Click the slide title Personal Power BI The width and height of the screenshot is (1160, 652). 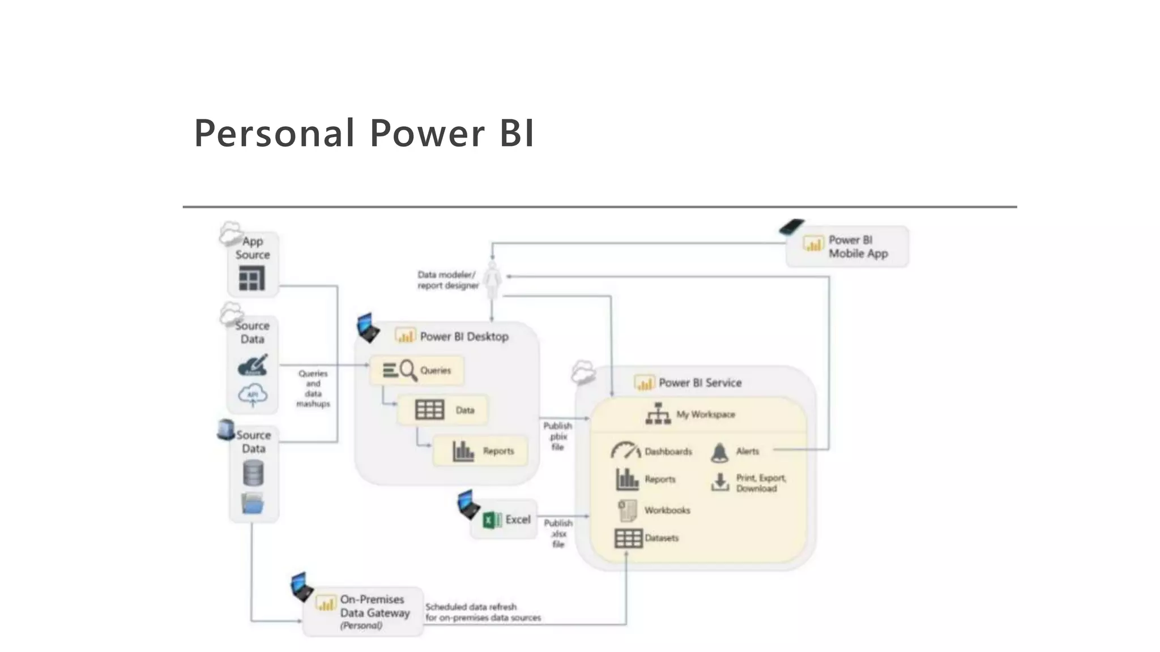coord(364,134)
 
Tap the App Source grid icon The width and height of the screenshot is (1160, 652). coord(251,278)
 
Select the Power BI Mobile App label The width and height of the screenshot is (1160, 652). coord(858,247)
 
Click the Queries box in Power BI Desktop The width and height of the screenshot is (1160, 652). coord(417,370)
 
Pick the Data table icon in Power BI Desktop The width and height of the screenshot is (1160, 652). coord(429,410)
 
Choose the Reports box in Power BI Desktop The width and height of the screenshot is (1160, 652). coord(480,451)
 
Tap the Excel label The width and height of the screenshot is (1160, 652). coord(518,520)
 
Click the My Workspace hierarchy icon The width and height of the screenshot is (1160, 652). coord(658,414)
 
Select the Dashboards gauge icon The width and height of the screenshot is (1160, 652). coord(625,451)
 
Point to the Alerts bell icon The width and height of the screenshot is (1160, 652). coord(719,452)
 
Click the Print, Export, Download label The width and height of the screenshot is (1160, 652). coord(761,483)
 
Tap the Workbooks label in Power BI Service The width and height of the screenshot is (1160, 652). coord(667,510)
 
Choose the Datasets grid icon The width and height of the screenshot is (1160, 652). coord(628,538)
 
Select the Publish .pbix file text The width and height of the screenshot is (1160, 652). coord(558,436)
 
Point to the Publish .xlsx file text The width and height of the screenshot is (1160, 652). coord(558,533)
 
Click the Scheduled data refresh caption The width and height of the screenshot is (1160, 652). coord(483,612)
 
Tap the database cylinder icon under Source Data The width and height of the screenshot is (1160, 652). coord(253,473)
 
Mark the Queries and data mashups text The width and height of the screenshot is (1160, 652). coord(313,388)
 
